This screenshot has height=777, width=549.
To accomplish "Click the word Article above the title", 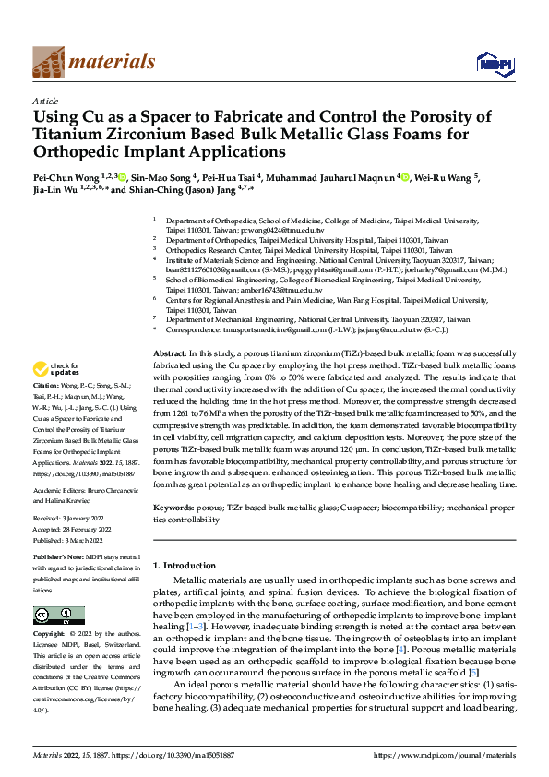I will (45, 101).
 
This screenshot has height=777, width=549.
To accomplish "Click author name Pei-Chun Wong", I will (71, 177).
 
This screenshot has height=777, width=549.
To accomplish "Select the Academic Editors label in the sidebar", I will (63, 492).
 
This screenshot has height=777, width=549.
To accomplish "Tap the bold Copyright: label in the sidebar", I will (48, 635).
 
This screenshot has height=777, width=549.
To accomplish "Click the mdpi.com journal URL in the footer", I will (443, 756).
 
